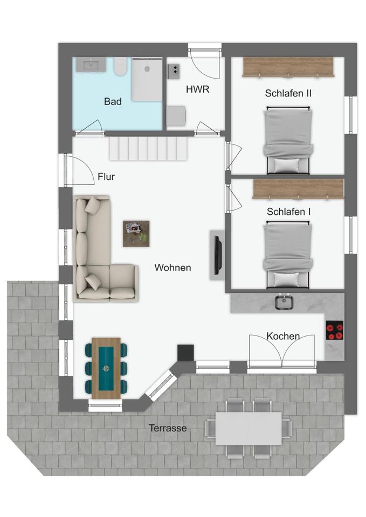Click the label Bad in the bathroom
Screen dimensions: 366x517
[113, 102]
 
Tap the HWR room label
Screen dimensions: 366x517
[197, 89]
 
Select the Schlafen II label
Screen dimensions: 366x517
[288, 93]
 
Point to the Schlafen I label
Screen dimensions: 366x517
[288, 212]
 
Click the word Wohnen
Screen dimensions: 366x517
[172, 268]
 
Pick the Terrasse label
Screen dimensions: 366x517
[168, 428]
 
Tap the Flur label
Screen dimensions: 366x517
[106, 177]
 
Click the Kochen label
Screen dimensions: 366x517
[283, 336]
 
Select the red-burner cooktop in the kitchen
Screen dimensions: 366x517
[335, 330]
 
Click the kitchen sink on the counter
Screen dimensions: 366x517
[284, 303]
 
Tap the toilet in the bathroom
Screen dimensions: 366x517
[120, 67]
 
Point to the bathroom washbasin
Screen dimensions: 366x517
[91, 65]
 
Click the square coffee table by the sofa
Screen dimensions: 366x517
[136, 234]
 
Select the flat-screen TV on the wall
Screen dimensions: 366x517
[217, 255]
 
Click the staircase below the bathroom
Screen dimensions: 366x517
[149, 149]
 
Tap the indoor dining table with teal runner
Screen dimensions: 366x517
[106, 368]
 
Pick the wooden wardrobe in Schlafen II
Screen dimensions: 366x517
[288, 67]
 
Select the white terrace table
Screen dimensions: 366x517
[249, 428]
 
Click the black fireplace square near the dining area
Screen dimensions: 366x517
[185, 352]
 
